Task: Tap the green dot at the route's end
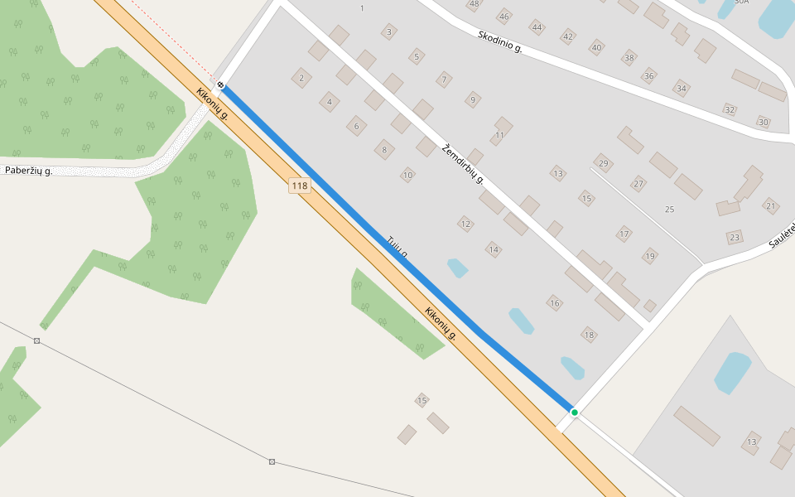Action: [x=574, y=412]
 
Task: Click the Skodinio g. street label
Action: [x=499, y=41]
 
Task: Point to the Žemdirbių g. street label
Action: [x=463, y=164]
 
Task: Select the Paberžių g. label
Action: [x=29, y=171]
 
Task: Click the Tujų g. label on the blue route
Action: [x=397, y=247]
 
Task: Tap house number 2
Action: [x=301, y=79]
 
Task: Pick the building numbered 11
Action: [x=499, y=134]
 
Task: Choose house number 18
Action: [x=589, y=335]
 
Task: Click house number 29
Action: [x=603, y=163]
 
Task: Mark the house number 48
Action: [x=474, y=4]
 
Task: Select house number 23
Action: [x=734, y=238]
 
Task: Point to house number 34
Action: [x=682, y=88]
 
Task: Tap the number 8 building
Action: [x=383, y=150]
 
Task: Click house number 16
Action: [x=555, y=303]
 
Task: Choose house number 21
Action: [x=771, y=206]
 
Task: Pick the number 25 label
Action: [x=669, y=209]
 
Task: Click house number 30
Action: [x=763, y=123]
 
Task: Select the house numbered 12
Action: [x=465, y=224]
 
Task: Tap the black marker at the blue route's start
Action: [x=221, y=84]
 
